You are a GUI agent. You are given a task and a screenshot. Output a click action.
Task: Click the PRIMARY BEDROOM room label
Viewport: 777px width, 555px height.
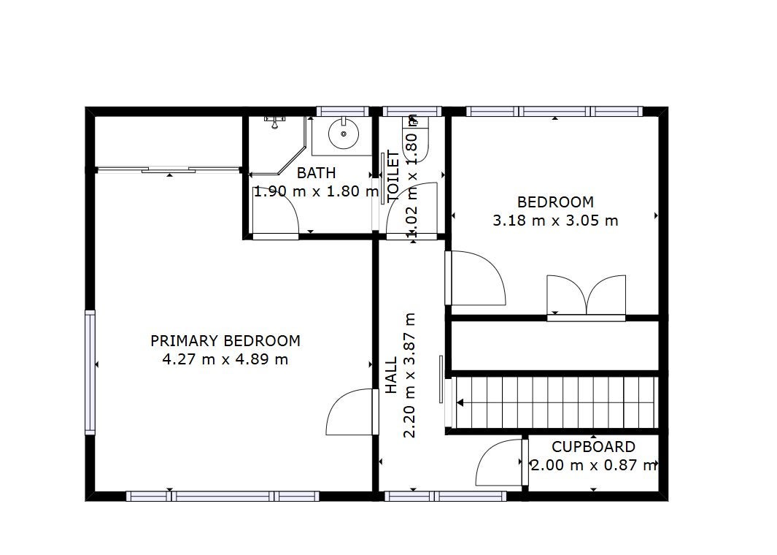[x=225, y=341]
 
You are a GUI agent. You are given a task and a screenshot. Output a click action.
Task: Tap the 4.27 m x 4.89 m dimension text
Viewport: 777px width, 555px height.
[x=225, y=359]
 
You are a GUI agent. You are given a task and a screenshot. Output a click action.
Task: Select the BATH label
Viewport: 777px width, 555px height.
[x=316, y=173]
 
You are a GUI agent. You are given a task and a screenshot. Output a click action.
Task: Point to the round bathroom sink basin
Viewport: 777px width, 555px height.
[x=344, y=134]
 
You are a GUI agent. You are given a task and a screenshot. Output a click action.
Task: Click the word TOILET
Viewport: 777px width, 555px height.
[x=393, y=176]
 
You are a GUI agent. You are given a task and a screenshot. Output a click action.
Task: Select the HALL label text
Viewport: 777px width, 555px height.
[x=392, y=375]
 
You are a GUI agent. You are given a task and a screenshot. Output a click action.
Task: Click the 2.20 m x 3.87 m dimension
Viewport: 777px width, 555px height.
[x=409, y=375]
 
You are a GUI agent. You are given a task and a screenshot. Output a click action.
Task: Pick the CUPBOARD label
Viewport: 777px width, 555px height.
[x=593, y=447]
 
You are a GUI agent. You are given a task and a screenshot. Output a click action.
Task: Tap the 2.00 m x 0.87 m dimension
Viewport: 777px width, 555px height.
[x=594, y=465]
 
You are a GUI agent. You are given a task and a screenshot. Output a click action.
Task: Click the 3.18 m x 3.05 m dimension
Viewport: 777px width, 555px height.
[x=555, y=221]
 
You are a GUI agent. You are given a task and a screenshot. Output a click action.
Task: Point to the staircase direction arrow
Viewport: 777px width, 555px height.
[x=460, y=402]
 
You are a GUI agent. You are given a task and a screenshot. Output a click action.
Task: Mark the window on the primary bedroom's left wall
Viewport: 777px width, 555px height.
[x=90, y=372]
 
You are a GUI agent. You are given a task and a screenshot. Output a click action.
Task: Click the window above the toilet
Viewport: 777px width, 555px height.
[x=411, y=111]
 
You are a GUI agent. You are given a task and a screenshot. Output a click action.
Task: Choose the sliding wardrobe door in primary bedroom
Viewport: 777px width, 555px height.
[x=169, y=170]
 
